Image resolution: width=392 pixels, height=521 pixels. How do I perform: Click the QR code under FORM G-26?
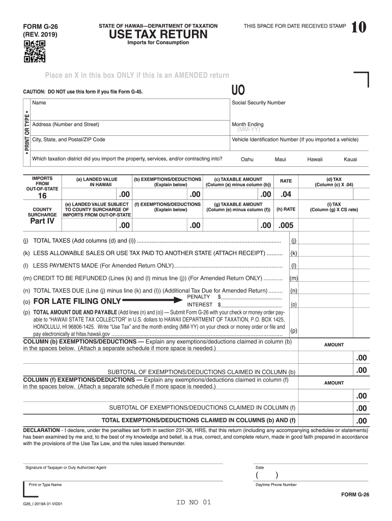click(x=35, y=51)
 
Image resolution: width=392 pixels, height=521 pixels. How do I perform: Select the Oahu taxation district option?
click(x=247, y=159)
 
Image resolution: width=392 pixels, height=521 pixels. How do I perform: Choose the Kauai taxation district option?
click(x=350, y=159)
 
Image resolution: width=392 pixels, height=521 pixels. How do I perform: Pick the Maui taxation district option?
click(x=280, y=159)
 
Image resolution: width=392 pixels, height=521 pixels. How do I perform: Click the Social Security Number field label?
click(x=259, y=103)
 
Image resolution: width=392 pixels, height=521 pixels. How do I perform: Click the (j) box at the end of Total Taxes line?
click(x=294, y=241)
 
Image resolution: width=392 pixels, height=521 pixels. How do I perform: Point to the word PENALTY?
click(x=199, y=297)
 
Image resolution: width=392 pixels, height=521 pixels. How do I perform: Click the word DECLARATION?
click(x=42, y=430)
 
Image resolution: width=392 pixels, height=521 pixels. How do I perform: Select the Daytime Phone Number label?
click(x=276, y=485)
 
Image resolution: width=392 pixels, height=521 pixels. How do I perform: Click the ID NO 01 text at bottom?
click(x=193, y=503)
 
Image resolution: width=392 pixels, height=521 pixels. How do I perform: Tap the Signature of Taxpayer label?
click(x=66, y=468)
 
